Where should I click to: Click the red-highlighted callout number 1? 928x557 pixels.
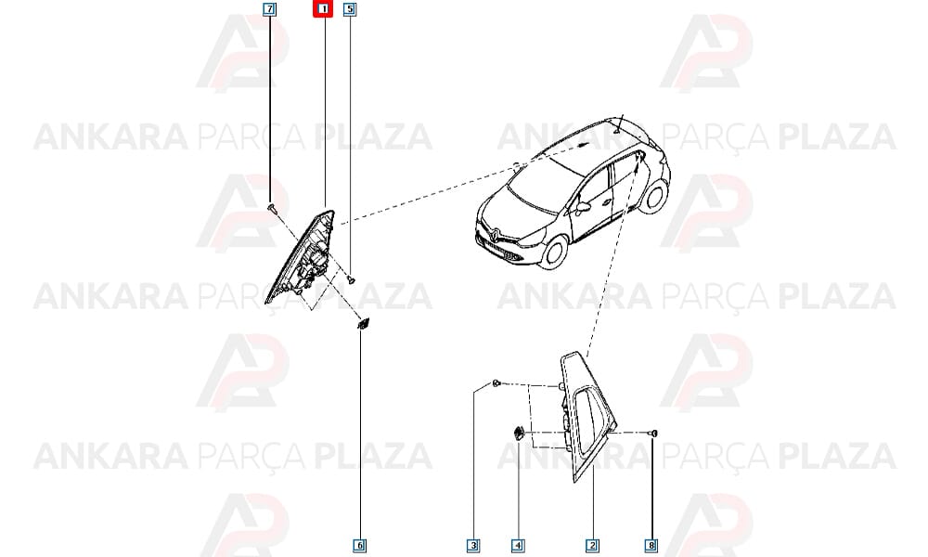point(323,9)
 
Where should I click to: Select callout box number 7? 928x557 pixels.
point(269,9)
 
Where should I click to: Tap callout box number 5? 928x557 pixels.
point(350,9)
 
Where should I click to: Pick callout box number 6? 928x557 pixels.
point(360,545)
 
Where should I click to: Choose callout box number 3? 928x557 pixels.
point(473,545)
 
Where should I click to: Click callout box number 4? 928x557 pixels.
point(517,545)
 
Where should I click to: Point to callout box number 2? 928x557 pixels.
point(592,545)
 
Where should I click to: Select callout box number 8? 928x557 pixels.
point(651,545)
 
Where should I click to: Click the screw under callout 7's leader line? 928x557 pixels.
point(271,207)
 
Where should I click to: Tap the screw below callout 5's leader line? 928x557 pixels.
point(352,278)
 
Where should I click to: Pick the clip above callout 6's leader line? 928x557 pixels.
point(362,323)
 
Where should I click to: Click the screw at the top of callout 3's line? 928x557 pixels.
point(496,383)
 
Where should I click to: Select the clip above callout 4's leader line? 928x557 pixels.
point(518,433)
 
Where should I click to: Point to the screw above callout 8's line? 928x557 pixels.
point(653,434)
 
